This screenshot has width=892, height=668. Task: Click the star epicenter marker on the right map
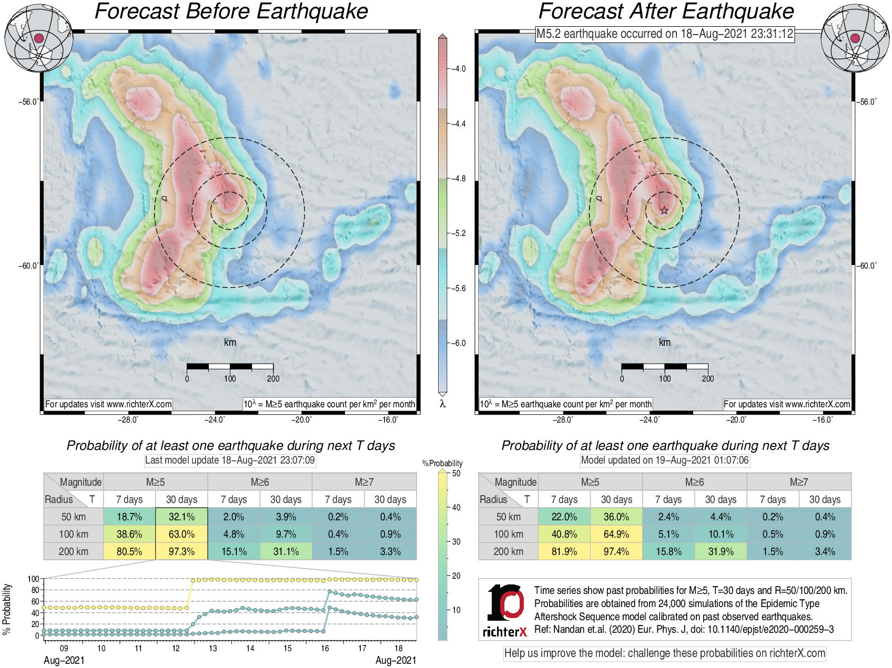point(664,211)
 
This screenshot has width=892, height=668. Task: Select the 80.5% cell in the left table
point(129,551)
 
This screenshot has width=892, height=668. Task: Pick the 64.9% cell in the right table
point(616,534)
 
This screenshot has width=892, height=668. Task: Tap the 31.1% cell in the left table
point(286,551)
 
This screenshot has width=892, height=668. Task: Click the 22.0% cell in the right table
point(564,517)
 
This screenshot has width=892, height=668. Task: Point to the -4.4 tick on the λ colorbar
point(458,124)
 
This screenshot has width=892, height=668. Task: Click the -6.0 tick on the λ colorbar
point(458,343)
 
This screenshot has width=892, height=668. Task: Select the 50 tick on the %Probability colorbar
point(455,474)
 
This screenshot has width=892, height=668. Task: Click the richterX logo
point(505,610)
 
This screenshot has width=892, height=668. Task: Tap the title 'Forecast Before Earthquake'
point(231,12)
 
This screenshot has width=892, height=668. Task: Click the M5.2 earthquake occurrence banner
point(665,34)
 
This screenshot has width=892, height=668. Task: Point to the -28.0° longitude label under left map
point(128,419)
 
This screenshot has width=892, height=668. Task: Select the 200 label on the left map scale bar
point(273,378)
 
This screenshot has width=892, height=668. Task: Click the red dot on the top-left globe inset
point(38,38)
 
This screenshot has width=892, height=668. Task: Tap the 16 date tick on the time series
point(325,648)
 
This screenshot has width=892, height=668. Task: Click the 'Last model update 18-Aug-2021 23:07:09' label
point(230,460)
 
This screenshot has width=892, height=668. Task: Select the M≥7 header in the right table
point(798,482)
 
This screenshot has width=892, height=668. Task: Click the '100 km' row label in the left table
point(74,534)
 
